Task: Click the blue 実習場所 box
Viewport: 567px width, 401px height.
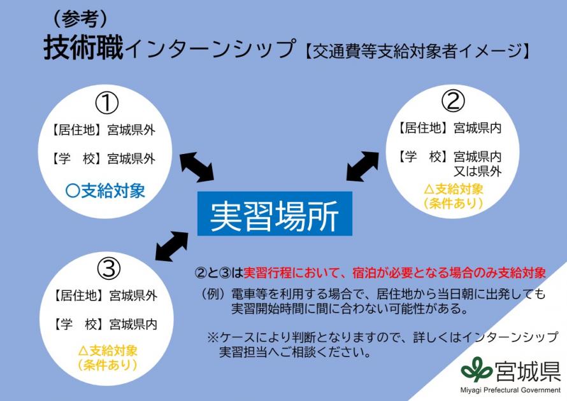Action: [x=274, y=213]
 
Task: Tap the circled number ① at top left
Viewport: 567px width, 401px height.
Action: [x=107, y=102]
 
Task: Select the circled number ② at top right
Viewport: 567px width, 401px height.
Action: [x=453, y=100]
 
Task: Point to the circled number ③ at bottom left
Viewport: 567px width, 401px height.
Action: [x=108, y=269]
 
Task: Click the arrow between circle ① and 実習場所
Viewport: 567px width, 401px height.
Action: [x=196, y=167]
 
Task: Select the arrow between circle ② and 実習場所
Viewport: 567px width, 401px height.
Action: [x=362, y=166]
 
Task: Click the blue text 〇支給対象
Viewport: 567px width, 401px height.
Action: [x=105, y=190]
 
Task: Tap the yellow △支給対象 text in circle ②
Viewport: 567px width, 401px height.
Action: [x=454, y=189]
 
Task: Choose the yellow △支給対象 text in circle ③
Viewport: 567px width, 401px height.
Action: [x=108, y=350]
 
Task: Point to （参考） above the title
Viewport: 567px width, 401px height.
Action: [x=76, y=18]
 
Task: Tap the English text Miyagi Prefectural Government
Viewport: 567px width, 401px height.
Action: [x=510, y=390]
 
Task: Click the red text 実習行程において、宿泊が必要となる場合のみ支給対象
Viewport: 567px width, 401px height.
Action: [x=395, y=273]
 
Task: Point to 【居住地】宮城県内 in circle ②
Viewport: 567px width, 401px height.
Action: [x=449, y=128]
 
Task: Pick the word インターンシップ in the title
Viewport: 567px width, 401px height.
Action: [x=210, y=49]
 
